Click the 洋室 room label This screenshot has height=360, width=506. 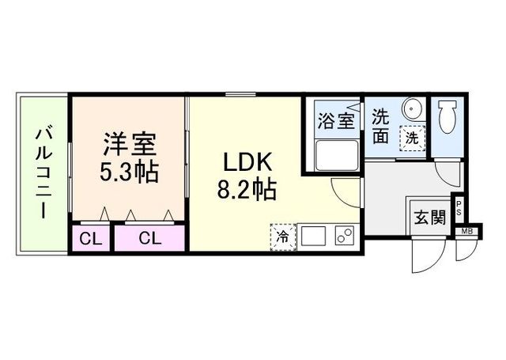coord(130,143)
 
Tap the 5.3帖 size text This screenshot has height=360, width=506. coord(129,172)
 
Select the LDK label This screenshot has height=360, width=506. coord(247,162)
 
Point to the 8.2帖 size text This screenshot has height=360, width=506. coord(247,190)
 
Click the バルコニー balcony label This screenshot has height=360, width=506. coord(43,174)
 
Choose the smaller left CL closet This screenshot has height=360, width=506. coord(91,239)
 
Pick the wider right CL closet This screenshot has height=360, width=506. coord(149,239)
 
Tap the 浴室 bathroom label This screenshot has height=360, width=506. coord(336,121)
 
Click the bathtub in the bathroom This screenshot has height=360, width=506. coord(337,155)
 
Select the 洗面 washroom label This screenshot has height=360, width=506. coord(381,127)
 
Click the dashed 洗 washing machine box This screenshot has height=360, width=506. coord(412,138)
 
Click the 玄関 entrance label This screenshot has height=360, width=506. coord(430,217)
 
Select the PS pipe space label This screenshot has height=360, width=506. coord(459,208)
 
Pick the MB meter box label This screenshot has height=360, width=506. coord(466,231)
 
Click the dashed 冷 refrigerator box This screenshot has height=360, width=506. coord(283,237)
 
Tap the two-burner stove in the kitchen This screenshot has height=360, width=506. coord(345,235)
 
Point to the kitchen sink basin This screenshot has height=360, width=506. coord(313,236)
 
